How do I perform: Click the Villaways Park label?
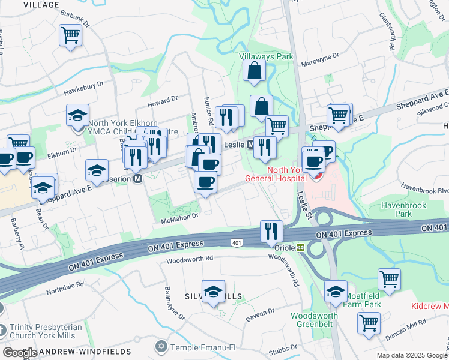click(x=266, y=56)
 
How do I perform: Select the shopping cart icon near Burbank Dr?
click(x=70, y=35)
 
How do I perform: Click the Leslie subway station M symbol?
click(x=250, y=145)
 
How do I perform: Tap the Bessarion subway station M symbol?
click(x=138, y=178)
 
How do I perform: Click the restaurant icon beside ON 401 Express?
click(x=271, y=230)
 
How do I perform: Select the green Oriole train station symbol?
click(x=299, y=247)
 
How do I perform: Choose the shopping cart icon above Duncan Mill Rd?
click(x=369, y=322)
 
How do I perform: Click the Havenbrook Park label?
click(x=396, y=209)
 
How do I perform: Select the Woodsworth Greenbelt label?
click(x=315, y=320)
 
